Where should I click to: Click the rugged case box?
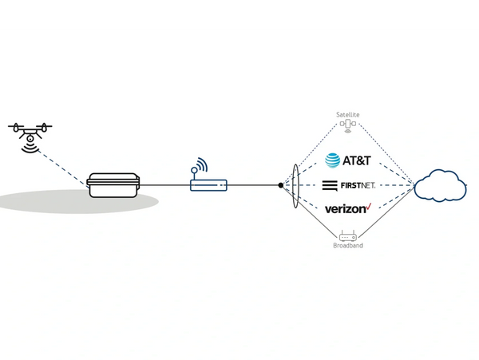click(113, 185)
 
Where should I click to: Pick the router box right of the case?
click(209, 185)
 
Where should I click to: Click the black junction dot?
click(280, 185)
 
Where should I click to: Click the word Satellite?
click(348, 115)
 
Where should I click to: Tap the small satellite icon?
click(348, 126)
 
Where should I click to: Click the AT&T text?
click(357, 161)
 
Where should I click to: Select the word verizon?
click(345, 209)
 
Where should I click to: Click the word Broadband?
click(348, 246)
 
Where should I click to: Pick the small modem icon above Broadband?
click(348, 235)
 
